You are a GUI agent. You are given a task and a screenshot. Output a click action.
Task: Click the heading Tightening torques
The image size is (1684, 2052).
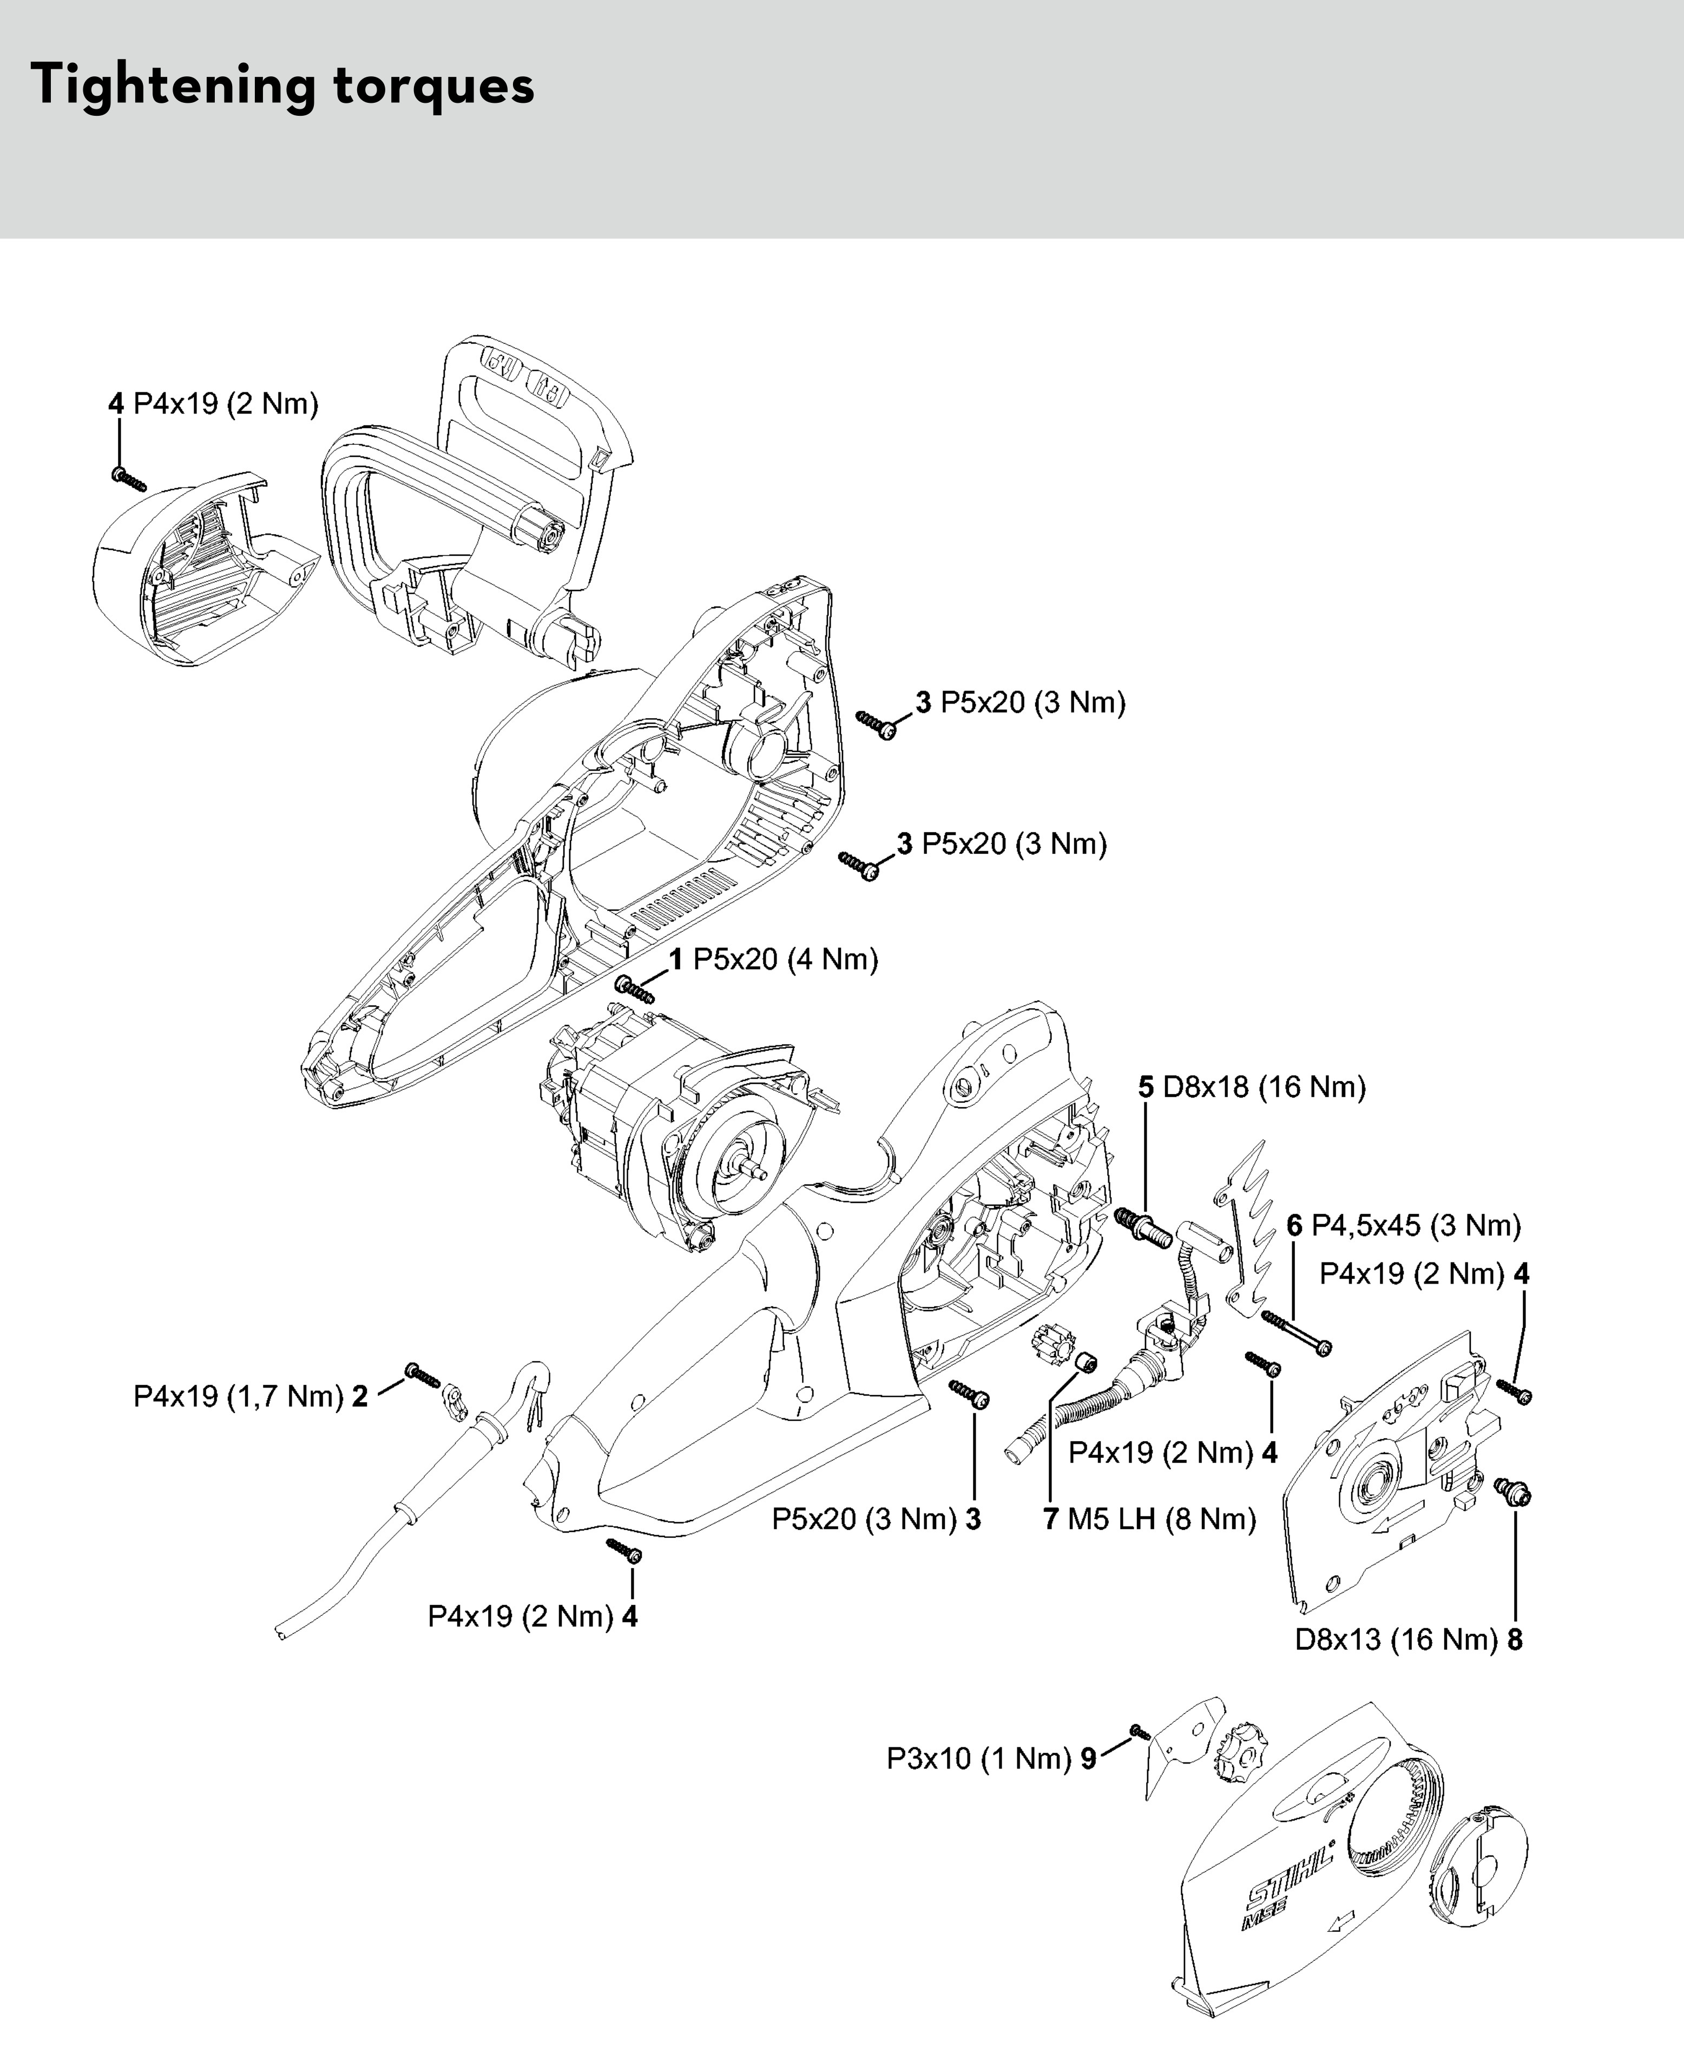click(282, 85)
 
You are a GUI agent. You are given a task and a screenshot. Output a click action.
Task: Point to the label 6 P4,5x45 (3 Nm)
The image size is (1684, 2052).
click(1404, 1225)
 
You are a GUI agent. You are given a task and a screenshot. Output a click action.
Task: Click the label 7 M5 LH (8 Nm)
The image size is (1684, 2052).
click(1149, 1518)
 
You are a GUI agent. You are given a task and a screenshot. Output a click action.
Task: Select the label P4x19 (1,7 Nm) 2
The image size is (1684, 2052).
click(250, 1396)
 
